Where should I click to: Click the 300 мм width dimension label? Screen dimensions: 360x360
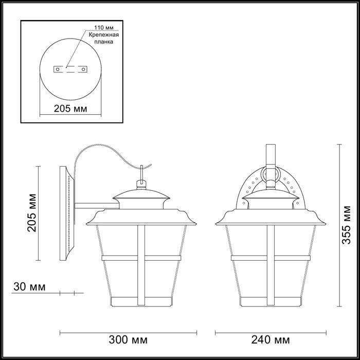tap(128, 340)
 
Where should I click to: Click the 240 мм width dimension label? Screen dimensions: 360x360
tap(271, 340)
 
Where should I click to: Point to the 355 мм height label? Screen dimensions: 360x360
tap(347, 225)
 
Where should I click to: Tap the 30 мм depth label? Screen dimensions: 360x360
tap(29, 287)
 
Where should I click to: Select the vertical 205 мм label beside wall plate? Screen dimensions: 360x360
tap(32, 213)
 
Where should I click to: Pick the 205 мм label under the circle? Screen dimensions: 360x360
tap(70, 109)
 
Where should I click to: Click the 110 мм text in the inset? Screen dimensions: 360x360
tap(104, 28)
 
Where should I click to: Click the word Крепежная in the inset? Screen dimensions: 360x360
tap(104, 35)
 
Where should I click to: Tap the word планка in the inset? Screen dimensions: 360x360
tap(104, 42)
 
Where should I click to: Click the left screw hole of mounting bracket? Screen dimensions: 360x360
tap(58, 69)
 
